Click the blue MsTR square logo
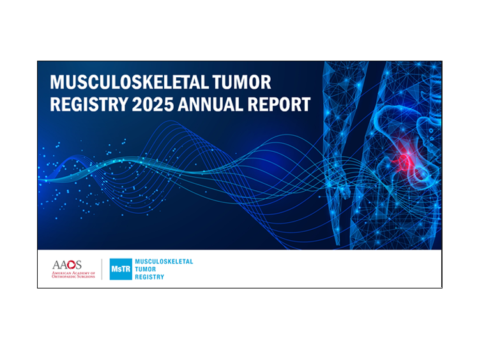point(121,269)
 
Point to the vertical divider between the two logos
point(102,269)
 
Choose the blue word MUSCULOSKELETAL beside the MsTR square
point(163,262)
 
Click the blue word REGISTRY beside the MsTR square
point(149,277)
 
